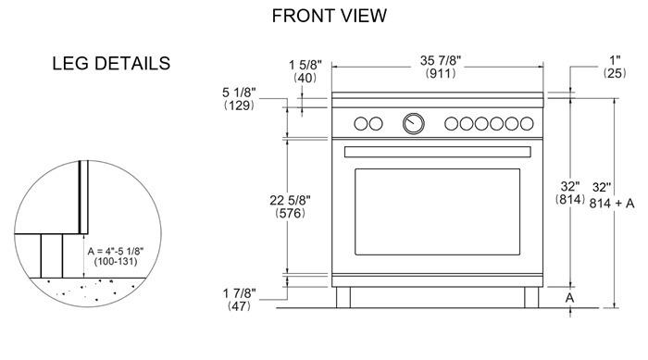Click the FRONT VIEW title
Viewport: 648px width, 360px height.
329,16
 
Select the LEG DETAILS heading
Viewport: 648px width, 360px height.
111,63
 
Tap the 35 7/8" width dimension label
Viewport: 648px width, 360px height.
441,61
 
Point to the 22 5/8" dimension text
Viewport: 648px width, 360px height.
290,201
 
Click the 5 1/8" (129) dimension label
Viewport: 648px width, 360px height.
239,99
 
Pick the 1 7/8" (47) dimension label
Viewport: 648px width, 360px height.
239,300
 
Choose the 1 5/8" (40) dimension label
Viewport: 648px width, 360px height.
305,71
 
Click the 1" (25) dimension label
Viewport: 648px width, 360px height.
615,66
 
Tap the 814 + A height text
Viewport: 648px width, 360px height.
612,204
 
